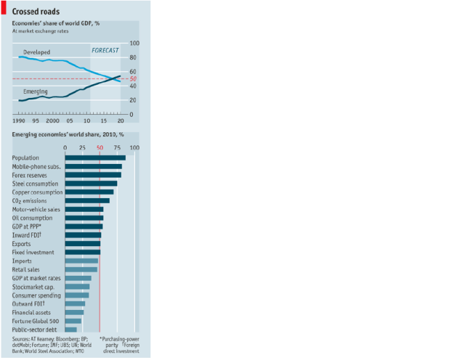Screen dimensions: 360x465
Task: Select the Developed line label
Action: [36, 53]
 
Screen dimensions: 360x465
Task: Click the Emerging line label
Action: [36, 92]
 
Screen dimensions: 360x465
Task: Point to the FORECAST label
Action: [105, 50]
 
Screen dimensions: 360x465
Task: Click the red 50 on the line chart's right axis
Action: [133, 78]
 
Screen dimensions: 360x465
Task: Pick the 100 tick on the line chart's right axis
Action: [133, 43]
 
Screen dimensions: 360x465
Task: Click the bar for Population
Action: [95, 157]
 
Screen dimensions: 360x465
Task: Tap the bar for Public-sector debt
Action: [71, 329]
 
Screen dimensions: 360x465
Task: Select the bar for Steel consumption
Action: [91, 184]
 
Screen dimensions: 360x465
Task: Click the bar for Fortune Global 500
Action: [73, 320]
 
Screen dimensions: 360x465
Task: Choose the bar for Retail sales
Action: [81, 269]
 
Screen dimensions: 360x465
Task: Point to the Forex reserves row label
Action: [31, 175]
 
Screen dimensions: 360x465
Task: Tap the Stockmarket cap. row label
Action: [32, 287]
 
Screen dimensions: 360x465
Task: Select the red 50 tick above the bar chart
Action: [100, 147]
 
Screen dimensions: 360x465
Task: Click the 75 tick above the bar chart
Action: [116, 147]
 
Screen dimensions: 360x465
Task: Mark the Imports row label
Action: [23, 261]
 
